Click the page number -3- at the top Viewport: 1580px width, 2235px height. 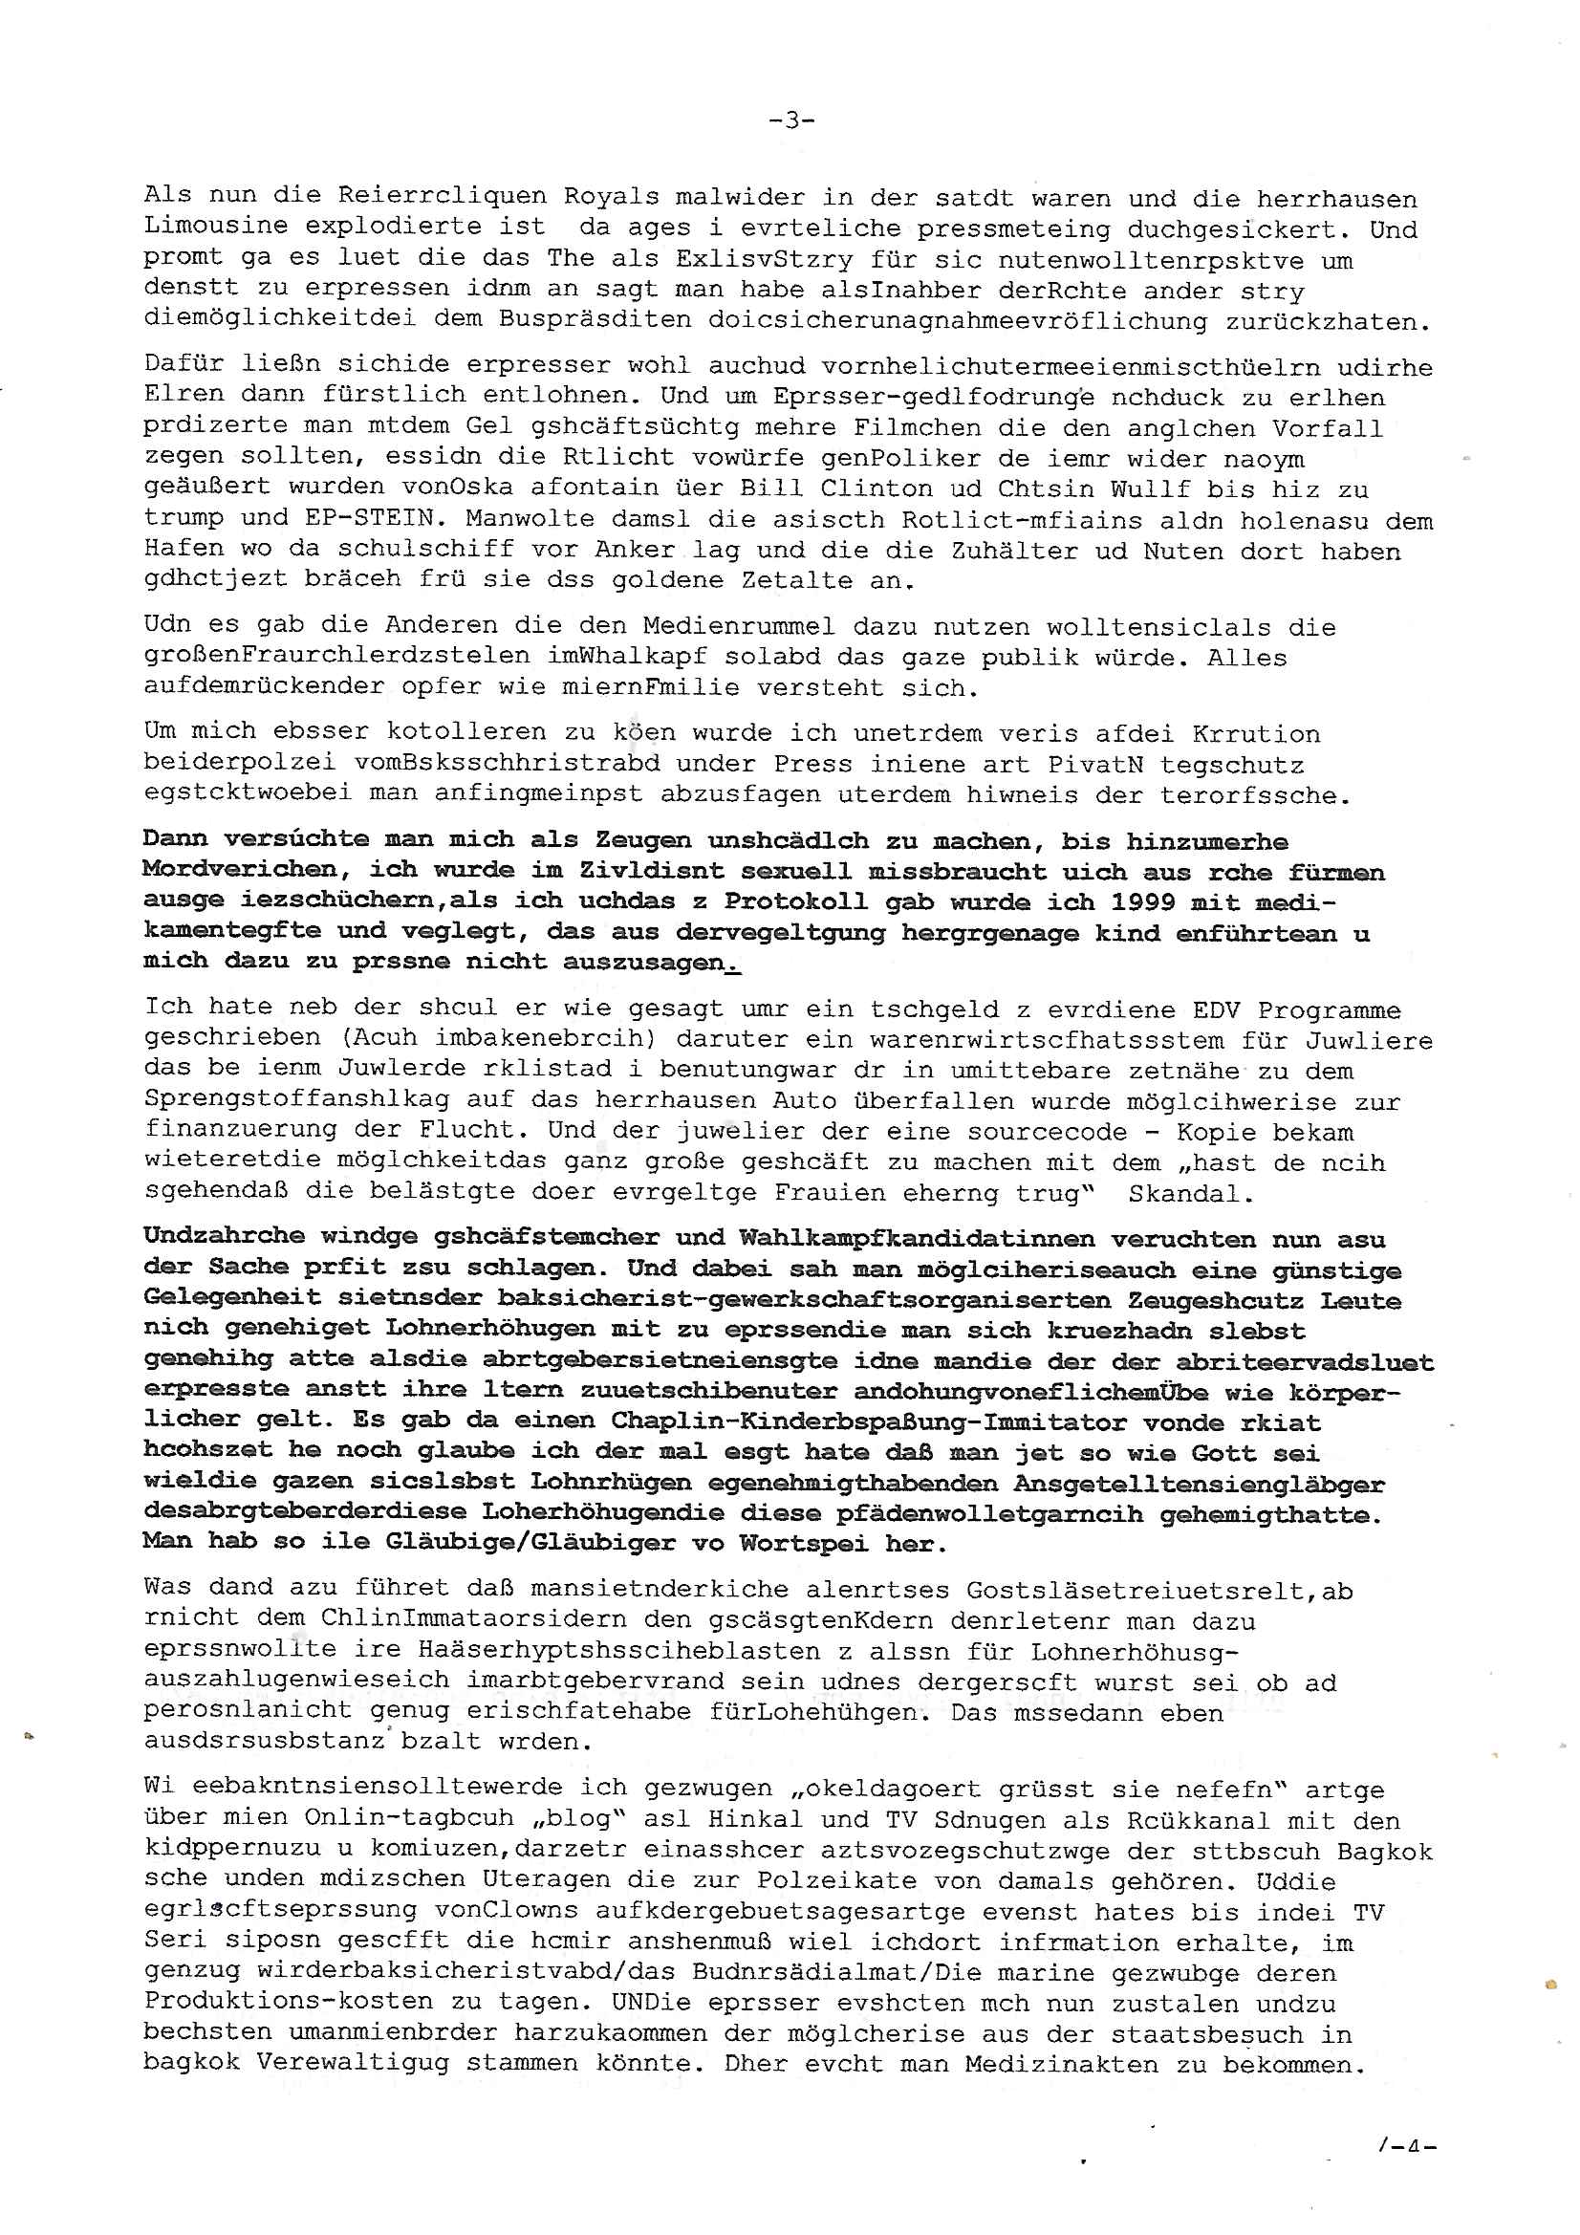pos(790,120)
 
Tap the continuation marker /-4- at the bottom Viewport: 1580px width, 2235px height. pos(1408,2172)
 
